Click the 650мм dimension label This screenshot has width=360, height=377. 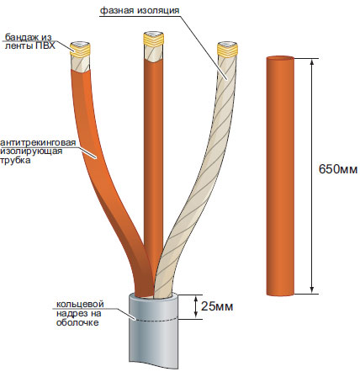[338, 169]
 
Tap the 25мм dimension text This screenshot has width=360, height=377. [217, 306]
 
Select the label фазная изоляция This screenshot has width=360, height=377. [140, 11]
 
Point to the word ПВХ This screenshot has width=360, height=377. [45, 45]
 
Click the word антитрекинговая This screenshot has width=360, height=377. [38, 142]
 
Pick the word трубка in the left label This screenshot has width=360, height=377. [15, 161]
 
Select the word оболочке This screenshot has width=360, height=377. [77, 322]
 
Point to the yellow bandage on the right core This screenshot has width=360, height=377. [227, 50]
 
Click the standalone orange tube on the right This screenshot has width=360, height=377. [280, 176]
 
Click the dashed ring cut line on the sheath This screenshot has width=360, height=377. [154, 320]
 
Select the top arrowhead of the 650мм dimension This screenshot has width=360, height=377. [312, 61]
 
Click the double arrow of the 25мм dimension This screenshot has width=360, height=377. [196, 307]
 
